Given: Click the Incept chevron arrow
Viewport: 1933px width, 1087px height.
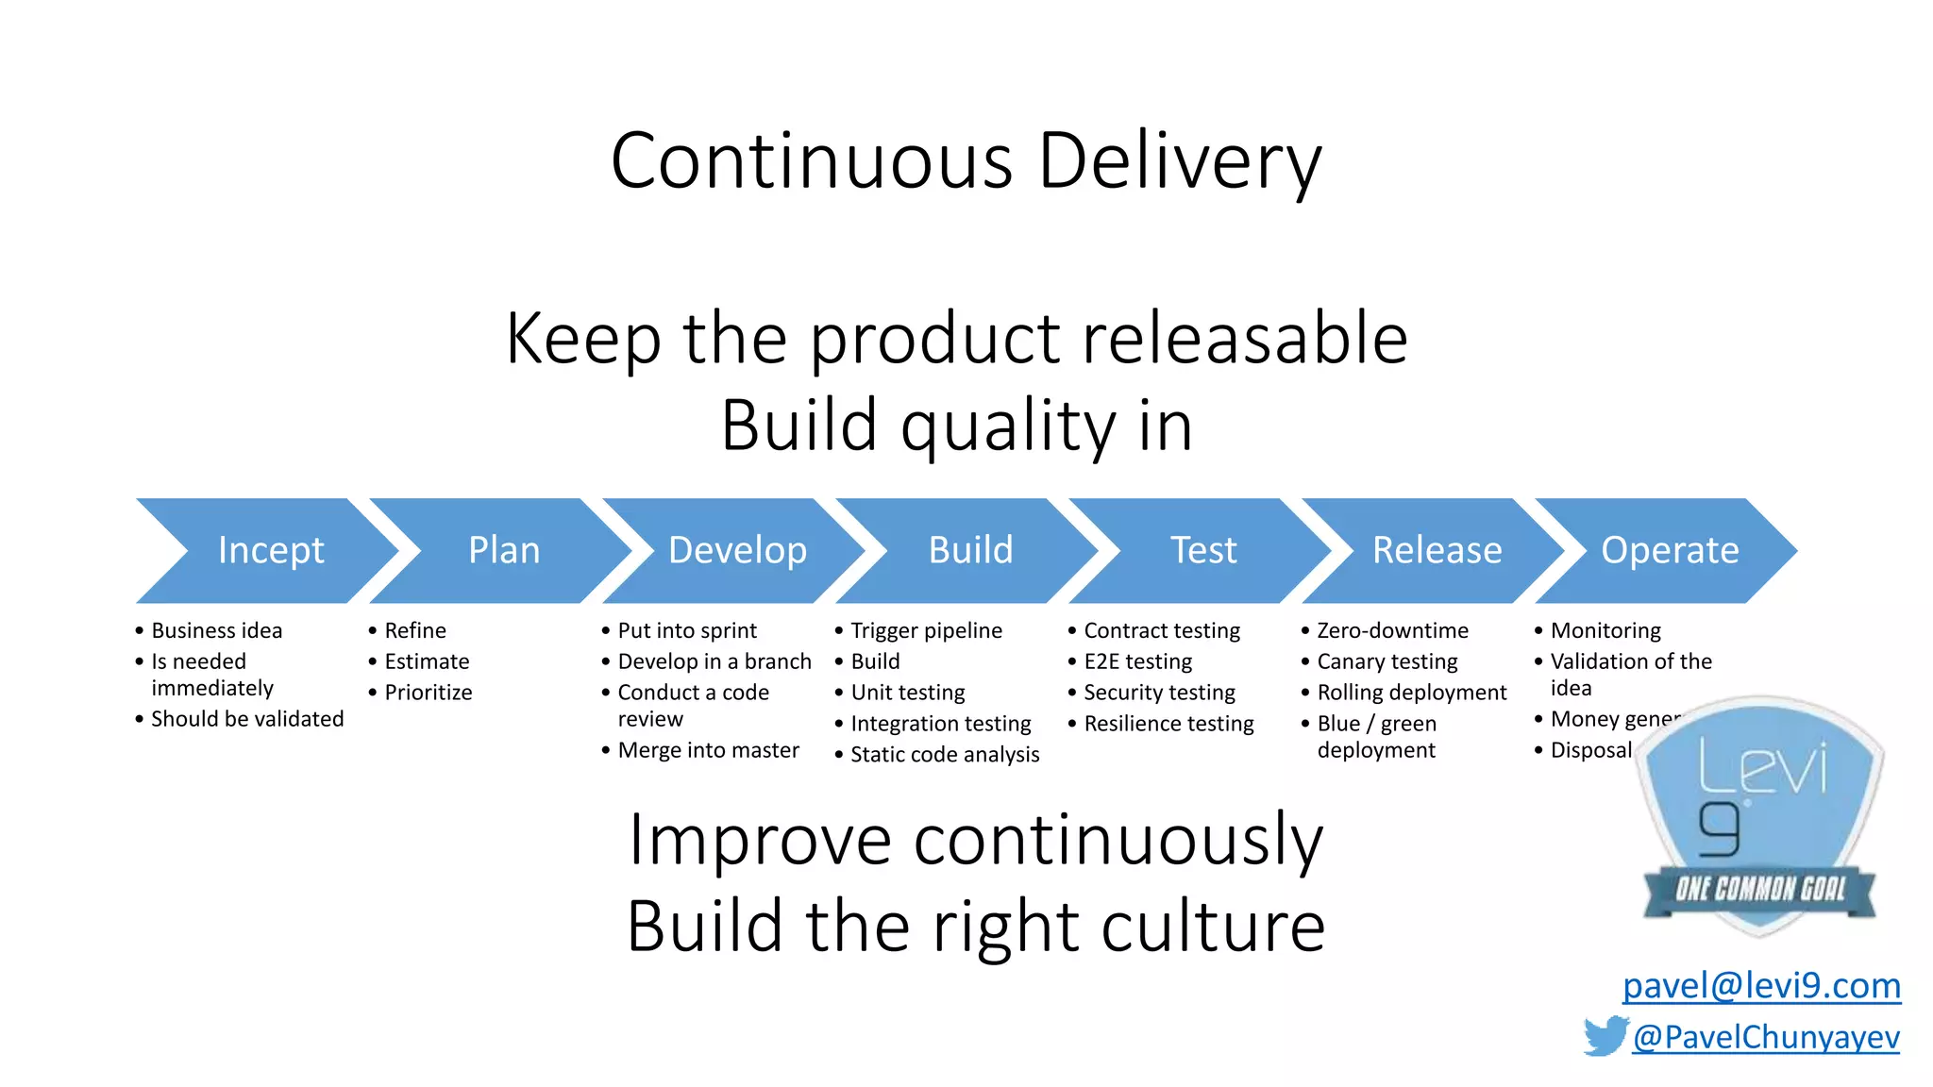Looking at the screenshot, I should [270, 550].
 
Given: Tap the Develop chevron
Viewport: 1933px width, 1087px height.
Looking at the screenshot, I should [737, 550].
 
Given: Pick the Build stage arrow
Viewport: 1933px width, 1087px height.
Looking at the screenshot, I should [970, 550].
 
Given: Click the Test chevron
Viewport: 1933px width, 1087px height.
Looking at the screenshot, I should [1203, 550].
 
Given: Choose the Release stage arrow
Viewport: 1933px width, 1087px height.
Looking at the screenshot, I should [1437, 550].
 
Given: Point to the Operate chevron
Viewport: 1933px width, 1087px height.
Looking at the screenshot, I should [1670, 550].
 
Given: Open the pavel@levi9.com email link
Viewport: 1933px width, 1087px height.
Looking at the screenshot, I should [1761, 985].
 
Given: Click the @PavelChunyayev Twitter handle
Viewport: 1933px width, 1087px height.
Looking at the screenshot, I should [1765, 1037].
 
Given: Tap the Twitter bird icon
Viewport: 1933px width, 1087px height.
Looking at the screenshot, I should [1605, 1036].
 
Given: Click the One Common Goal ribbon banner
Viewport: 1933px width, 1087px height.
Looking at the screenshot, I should [1759, 889].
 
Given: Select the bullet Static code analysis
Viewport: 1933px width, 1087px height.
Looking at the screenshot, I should [944, 755].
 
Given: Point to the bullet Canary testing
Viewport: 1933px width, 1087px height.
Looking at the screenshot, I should [1387, 661].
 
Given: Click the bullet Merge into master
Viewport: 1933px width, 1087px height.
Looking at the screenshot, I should [708, 750].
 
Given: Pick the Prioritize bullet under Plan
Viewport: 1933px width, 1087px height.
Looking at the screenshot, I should [428, 693].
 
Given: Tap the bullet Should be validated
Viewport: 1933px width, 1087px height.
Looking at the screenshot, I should [247, 719].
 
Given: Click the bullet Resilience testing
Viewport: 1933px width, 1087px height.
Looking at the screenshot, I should [1168, 724].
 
